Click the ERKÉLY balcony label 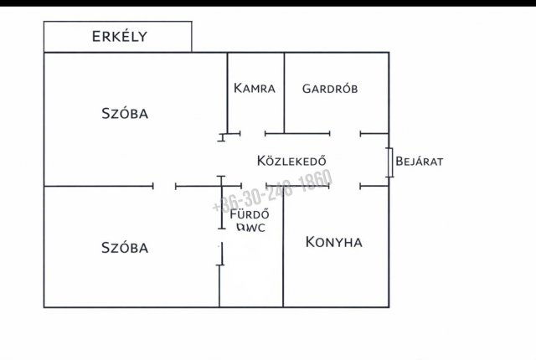(119, 36)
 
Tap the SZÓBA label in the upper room (125, 114)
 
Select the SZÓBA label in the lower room (125, 248)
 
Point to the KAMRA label (255, 88)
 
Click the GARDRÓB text (330, 88)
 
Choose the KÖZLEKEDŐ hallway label (291, 161)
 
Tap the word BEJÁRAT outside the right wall (419, 161)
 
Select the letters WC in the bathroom (256, 227)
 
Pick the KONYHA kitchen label (333, 243)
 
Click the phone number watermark (273, 193)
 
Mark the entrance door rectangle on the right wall (390, 162)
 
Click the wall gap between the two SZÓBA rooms (165, 186)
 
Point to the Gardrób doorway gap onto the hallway (345, 133)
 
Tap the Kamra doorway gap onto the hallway (252, 133)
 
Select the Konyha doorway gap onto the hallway (345, 186)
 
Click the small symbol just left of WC (240, 226)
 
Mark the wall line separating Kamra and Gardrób (284, 92)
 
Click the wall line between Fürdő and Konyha (283, 251)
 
